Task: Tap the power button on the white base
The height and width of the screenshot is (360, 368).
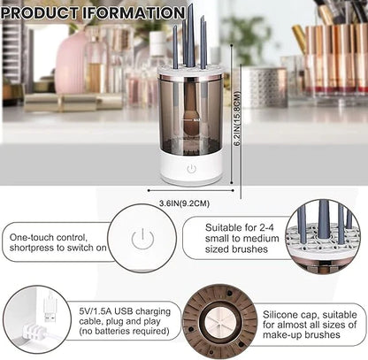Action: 190,167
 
